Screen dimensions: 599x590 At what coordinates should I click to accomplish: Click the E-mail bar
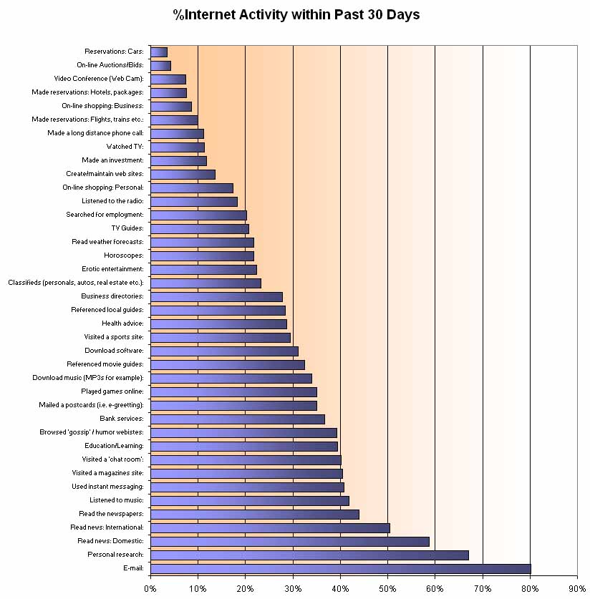pos(340,568)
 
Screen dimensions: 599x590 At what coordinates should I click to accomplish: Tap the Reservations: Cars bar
pos(159,52)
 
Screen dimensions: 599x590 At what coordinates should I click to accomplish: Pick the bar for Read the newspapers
pos(254,514)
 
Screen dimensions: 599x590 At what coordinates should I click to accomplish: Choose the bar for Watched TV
pos(178,147)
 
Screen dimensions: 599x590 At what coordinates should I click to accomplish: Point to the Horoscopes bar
pos(202,255)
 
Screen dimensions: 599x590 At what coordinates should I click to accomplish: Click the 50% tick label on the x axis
pos(387,588)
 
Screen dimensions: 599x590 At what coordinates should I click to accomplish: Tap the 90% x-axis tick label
pos(577,588)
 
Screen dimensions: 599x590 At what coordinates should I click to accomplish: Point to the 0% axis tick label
pos(150,588)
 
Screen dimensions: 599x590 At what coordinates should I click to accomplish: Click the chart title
pos(296,14)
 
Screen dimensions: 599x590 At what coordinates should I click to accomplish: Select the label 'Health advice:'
pos(122,323)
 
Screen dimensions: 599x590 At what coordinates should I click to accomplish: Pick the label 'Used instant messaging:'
pos(107,487)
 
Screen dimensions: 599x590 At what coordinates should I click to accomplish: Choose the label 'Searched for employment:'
pos(105,215)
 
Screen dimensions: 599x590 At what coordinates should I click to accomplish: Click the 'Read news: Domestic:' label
pos(111,541)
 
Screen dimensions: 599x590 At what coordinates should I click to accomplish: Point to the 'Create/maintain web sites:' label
pos(105,174)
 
